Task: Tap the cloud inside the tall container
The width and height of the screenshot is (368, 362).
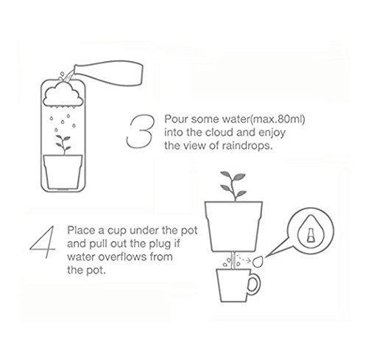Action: coord(63,95)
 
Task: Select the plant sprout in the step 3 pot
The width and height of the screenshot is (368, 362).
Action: coord(63,145)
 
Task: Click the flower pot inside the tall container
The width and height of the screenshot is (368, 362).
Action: coord(63,172)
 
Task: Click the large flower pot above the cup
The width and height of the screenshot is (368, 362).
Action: coord(233,226)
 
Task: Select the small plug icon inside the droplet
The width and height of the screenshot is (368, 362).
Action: coord(311,234)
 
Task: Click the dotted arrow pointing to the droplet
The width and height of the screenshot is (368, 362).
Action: coord(244,259)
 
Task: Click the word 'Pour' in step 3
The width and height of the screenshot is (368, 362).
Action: coord(177,119)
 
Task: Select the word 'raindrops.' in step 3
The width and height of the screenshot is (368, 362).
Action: coord(247,146)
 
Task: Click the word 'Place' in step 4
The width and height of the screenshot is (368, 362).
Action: coord(82,231)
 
